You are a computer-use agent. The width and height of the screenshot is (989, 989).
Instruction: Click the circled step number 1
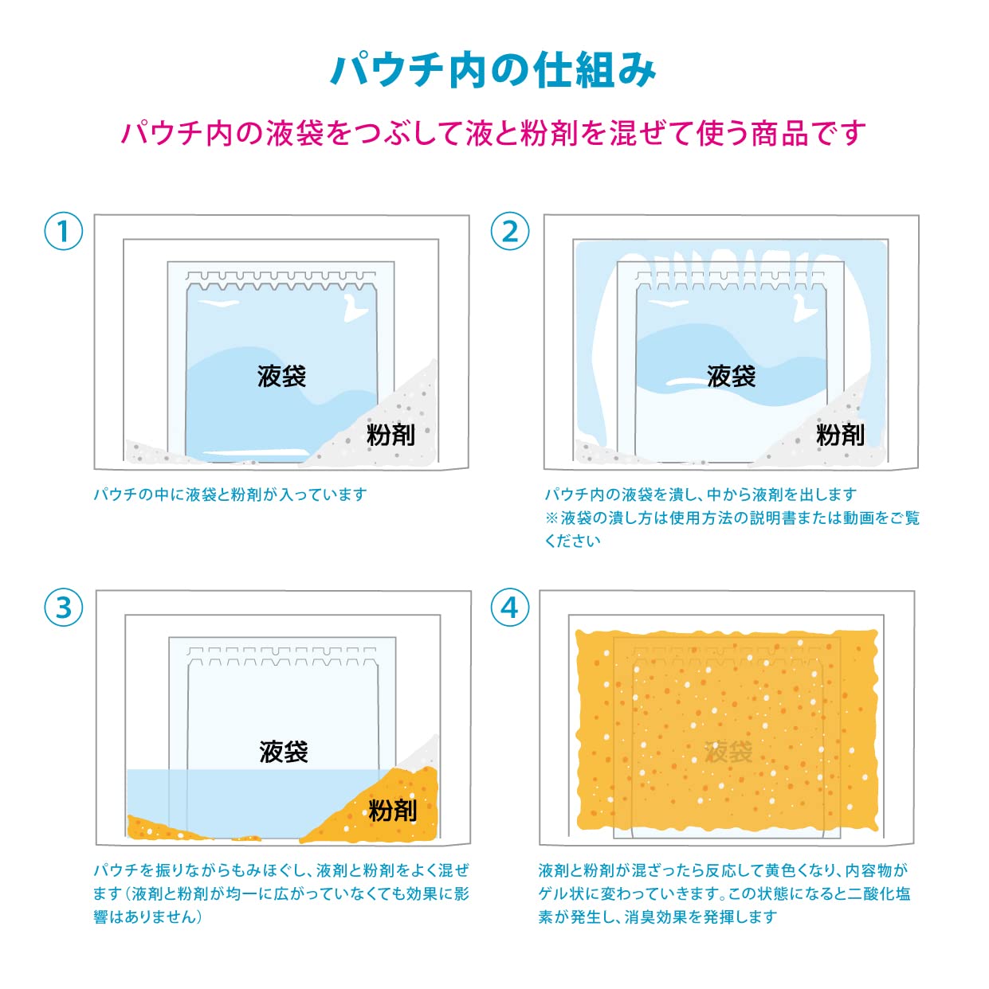(63, 231)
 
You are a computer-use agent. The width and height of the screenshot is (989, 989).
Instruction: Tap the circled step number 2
(510, 231)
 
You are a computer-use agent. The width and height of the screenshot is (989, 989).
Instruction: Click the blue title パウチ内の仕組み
(494, 70)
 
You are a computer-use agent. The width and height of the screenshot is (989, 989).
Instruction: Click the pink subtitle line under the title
(493, 133)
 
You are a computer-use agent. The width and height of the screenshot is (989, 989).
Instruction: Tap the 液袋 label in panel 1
(281, 376)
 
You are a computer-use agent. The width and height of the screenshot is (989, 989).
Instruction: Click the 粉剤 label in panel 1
(390, 435)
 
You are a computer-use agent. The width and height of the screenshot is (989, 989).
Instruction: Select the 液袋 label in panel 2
(731, 376)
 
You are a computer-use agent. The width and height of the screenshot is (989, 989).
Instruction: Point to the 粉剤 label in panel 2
(840, 435)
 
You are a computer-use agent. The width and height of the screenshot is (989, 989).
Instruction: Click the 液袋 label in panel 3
(284, 752)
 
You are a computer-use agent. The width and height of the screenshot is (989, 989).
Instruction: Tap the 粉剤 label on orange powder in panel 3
(393, 811)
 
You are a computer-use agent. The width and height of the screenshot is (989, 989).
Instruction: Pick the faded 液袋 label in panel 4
(729, 752)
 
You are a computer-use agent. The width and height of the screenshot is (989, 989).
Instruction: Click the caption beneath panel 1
(230, 494)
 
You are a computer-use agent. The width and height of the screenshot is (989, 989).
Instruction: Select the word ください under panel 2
(572, 541)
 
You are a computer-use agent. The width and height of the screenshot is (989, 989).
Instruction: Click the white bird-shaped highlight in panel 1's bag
(355, 309)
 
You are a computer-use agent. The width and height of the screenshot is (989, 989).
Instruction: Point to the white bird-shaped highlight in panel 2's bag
(805, 309)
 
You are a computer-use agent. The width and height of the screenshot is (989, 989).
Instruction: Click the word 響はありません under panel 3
(148, 917)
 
